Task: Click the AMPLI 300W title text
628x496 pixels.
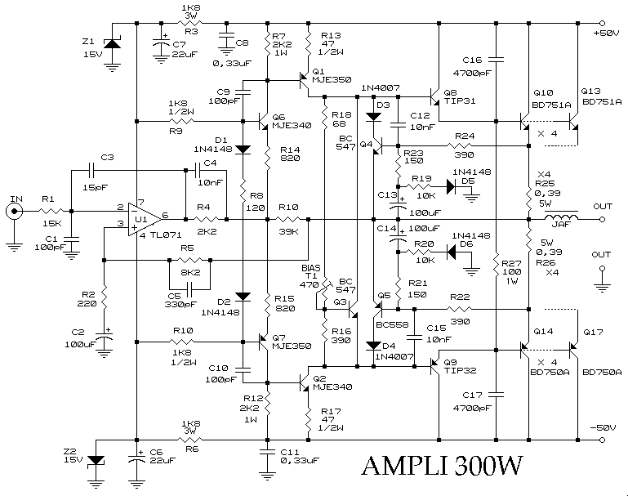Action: pos(443,467)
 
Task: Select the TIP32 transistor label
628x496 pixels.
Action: pos(461,372)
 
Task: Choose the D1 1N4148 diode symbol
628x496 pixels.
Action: pos(243,150)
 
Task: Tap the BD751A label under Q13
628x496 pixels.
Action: pos(601,102)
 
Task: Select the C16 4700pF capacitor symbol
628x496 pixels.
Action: pos(498,60)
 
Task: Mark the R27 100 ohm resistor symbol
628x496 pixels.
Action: pos(497,261)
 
